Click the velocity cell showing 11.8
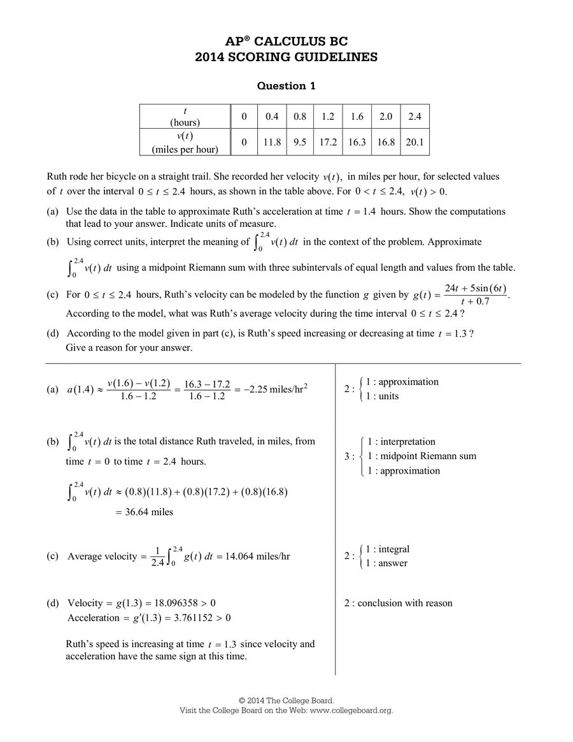272,142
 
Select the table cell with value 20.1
414,142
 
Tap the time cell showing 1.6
357,117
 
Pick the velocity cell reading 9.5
300,142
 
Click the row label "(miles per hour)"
185,149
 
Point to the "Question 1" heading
286,85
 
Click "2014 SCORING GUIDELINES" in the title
286,57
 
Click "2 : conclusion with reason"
398,603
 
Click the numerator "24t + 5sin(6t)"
475,288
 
